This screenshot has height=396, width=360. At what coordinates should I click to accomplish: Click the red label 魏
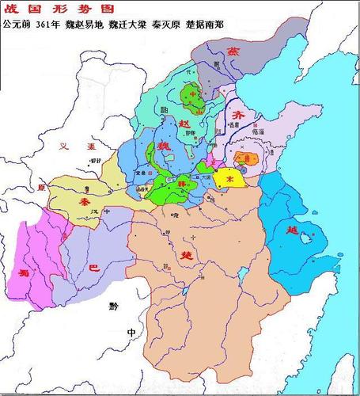[x=166, y=147]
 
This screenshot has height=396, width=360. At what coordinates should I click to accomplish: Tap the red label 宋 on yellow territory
[x=230, y=180]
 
